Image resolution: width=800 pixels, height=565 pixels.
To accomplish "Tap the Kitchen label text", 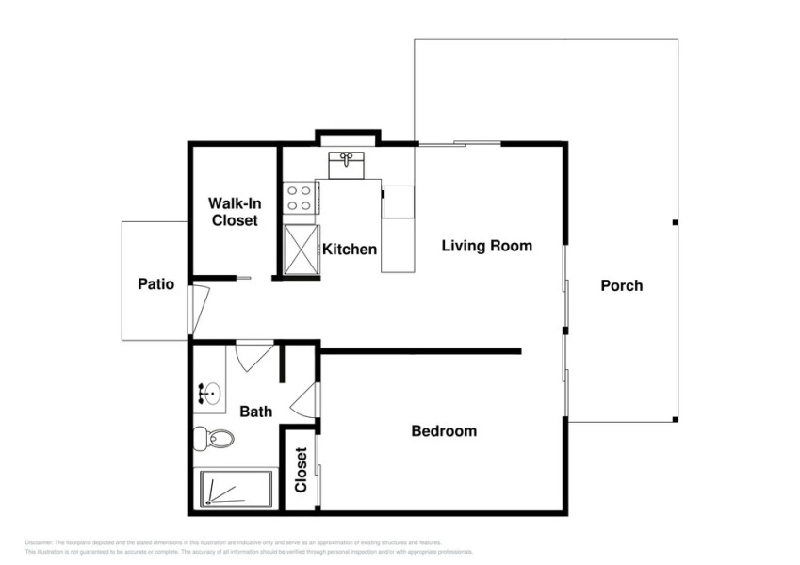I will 350,250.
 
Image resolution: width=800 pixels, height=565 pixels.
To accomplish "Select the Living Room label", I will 487,246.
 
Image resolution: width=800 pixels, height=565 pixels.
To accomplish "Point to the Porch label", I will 622,285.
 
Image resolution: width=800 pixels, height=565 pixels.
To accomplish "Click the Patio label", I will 155,283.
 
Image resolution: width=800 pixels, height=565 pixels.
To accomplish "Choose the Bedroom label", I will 444,431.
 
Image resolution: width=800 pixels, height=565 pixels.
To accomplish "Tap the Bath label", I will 255,412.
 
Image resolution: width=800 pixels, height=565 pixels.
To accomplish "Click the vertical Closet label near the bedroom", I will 301,469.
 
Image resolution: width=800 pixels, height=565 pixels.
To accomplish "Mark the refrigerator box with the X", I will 302,249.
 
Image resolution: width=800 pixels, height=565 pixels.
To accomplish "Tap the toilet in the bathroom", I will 214,438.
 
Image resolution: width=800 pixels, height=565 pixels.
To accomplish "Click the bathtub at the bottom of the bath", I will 237,489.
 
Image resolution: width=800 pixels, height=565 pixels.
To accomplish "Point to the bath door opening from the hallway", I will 253,356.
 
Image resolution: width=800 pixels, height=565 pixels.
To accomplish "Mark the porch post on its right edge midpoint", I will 675,222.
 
